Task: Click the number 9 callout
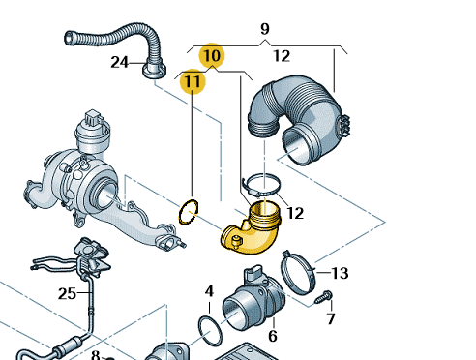click(x=264, y=29)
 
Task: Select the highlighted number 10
click(x=212, y=55)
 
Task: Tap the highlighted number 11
click(x=193, y=81)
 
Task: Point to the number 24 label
click(x=119, y=62)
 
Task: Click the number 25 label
click(x=67, y=293)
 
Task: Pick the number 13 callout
click(x=340, y=273)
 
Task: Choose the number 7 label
click(x=331, y=318)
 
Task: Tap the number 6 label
click(x=273, y=336)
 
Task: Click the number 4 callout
click(x=209, y=291)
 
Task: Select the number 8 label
click(x=96, y=355)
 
